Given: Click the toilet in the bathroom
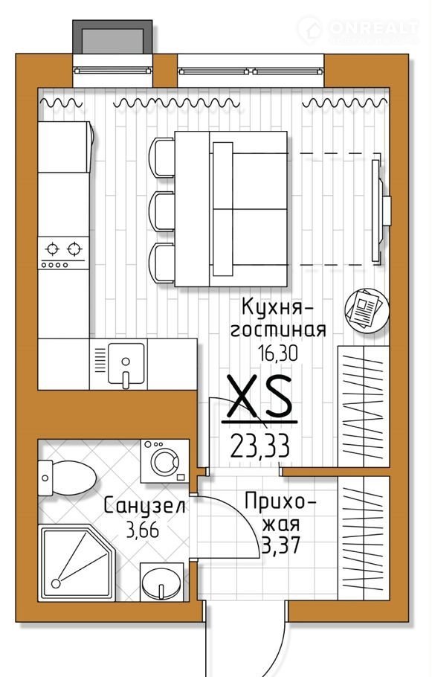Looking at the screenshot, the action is (x=67, y=478).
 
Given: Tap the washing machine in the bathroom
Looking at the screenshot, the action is (x=165, y=461).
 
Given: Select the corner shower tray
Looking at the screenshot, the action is (x=77, y=563).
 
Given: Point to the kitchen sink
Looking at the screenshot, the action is (x=126, y=364).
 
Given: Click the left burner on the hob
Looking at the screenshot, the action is (x=53, y=249).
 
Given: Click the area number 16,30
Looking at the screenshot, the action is (x=278, y=353).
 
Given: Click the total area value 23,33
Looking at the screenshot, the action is (x=259, y=446).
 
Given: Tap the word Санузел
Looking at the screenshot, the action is (x=145, y=507).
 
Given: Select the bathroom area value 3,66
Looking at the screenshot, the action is (x=143, y=530).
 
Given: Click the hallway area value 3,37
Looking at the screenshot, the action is (x=281, y=546).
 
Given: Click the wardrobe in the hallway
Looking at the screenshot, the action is (x=364, y=538).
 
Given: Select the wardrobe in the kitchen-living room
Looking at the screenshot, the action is (x=364, y=406).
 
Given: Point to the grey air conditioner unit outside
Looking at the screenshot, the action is (x=112, y=37).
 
